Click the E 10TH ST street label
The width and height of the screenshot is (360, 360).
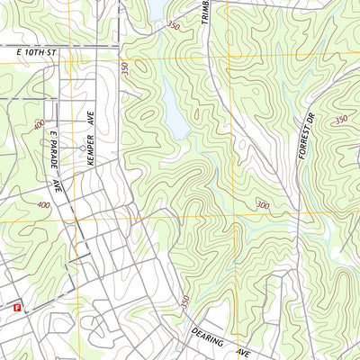pos(36,54)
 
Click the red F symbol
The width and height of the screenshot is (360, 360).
pos(17,308)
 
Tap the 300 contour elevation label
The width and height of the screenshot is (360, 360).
pos(262,205)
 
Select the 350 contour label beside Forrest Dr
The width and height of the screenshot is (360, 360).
pos(340,120)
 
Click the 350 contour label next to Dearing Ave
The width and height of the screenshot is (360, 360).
pos(185,305)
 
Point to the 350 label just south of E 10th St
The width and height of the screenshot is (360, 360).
pos(125,67)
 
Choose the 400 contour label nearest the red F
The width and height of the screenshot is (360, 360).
pos(43,205)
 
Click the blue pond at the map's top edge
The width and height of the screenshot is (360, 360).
pos(155,9)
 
